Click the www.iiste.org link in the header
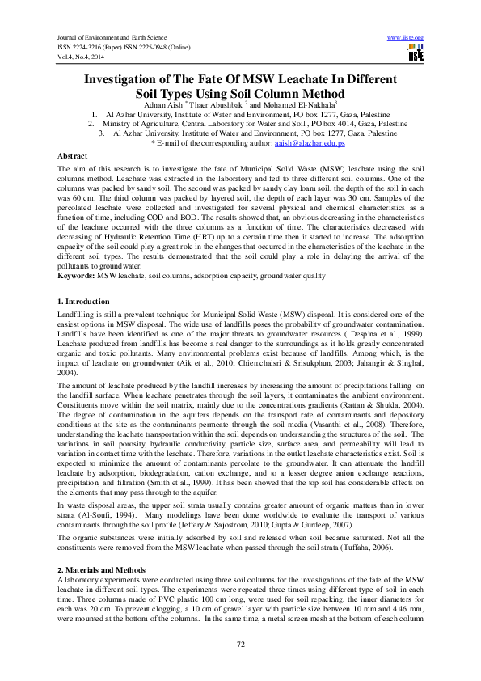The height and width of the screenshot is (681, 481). click(406, 38)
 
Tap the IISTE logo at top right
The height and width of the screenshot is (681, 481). click(416, 54)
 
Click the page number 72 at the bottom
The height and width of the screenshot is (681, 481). click(240, 643)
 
